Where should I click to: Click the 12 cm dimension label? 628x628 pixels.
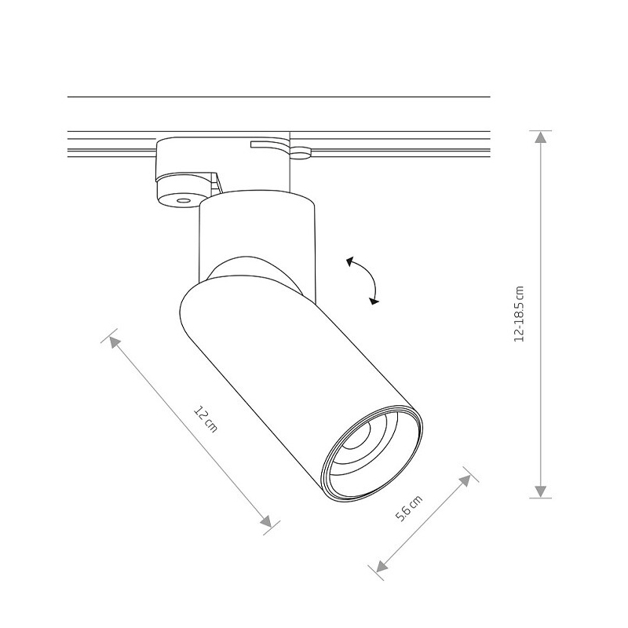click(x=206, y=419)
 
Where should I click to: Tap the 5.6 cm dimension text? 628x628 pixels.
click(x=409, y=508)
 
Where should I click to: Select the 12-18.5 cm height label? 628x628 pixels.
click(x=519, y=314)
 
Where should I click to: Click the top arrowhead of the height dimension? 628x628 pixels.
click(x=541, y=137)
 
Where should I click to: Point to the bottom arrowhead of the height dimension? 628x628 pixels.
click(x=541, y=492)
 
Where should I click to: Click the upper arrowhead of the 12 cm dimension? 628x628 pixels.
click(x=114, y=341)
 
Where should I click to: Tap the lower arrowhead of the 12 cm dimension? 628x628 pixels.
click(x=266, y=521)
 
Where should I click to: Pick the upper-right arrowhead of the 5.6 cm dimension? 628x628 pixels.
click(x=465, y=480)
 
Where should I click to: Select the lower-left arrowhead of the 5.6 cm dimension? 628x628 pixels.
click(x=382, y=566)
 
